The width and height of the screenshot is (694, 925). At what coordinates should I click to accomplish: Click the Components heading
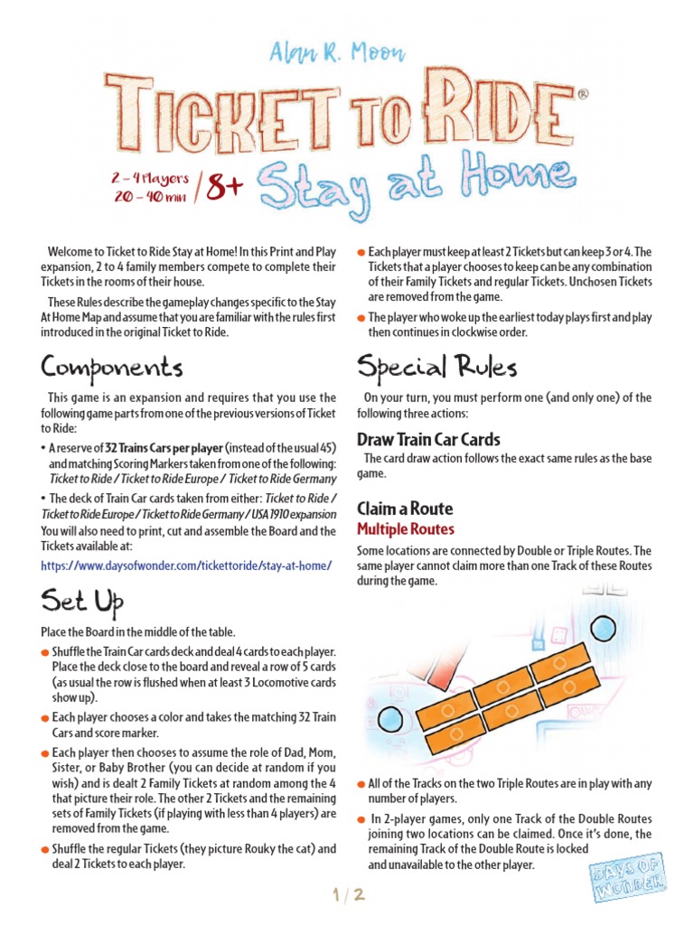pyautogui.click(x=112, y=369)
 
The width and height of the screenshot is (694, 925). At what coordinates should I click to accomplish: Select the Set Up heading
pyautogui.click(x=82, y=602)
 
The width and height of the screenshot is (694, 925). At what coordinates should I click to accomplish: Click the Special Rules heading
pyautogui.click(x=436, y=367)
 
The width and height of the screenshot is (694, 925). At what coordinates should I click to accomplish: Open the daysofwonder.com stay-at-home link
pyautogui.click(x=186, y=565)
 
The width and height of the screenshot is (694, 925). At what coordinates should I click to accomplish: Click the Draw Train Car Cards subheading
pyautogui.click(x=428, y=440)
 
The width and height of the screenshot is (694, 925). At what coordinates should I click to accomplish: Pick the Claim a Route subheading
pyautogui.click(x=405, y=509)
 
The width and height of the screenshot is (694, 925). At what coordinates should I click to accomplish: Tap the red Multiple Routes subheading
pyautogui.click(x=406, y=529)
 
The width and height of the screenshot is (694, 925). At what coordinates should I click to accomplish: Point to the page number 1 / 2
pyautogui.click(x=347, y=895)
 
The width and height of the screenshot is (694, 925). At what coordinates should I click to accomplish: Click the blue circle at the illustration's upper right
pyautogui.click(x=603, y=628)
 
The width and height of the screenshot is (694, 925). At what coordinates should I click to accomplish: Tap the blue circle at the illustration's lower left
pyautogui.click(x=389, y=719)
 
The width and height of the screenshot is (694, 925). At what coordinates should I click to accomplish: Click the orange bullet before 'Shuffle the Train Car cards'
pyautogui.click(x=45, y=652)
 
